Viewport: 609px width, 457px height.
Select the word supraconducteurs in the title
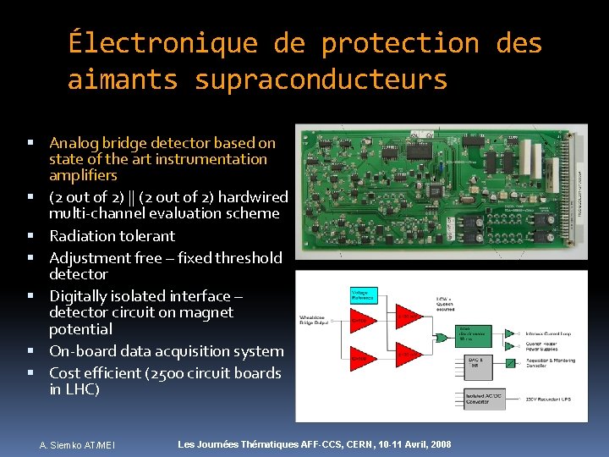tap(321, 80)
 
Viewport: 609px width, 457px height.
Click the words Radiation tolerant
tap(112, 235)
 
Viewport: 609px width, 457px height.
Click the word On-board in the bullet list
tap(81, 351)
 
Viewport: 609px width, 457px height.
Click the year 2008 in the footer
tap(437, 444)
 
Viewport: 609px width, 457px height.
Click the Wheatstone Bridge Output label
tap(320, 321)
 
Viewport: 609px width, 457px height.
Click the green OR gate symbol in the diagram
tap(442, 336)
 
